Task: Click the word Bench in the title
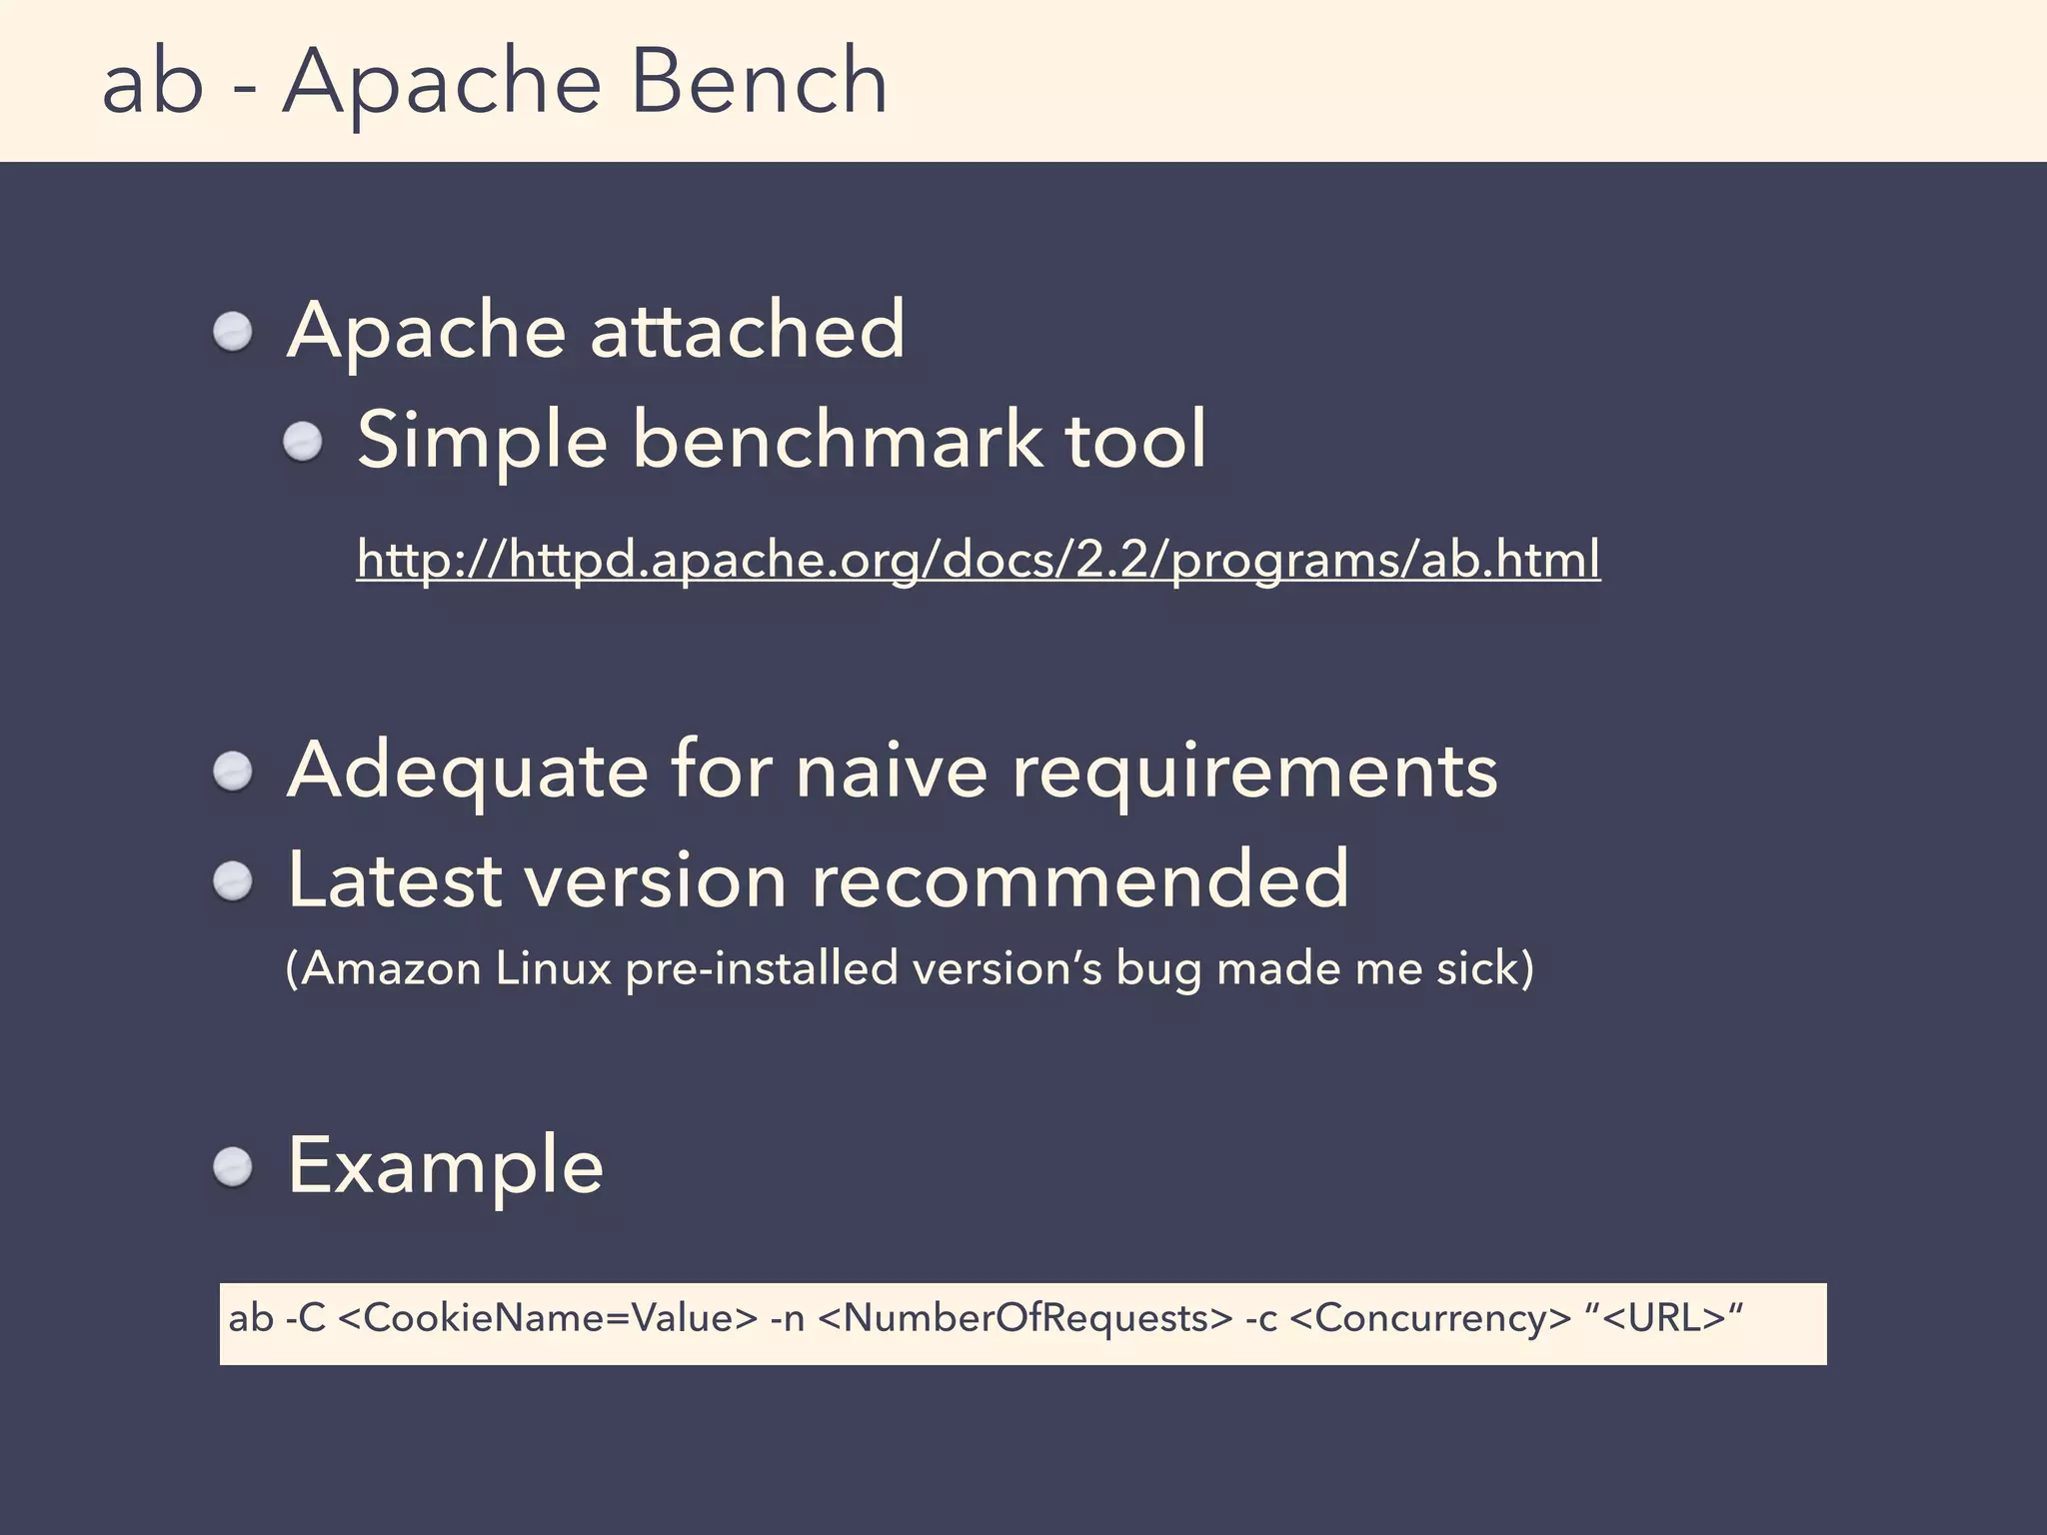tap(759, 82)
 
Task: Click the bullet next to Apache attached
tap(233, 332)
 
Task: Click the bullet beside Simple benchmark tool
tap(303, 442)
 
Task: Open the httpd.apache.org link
tap(978, 559)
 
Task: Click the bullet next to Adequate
tap(233, 771)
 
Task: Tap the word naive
tap(892, 771)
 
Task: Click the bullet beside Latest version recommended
tap(233, 881)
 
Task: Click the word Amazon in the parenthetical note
tap(391, 968)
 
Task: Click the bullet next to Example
tap(233, 1166)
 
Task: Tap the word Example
tap(446, 1166)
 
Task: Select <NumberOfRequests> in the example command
tap(1025, 1319)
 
